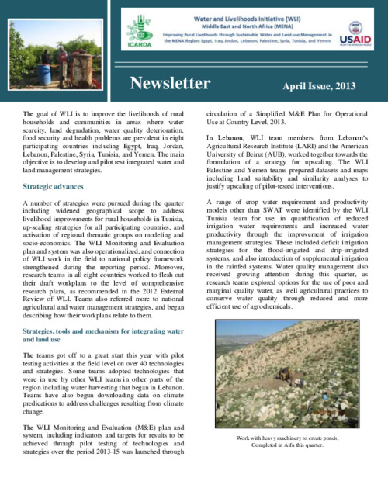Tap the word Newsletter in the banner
pyautogui.click(x=169, y=83)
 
